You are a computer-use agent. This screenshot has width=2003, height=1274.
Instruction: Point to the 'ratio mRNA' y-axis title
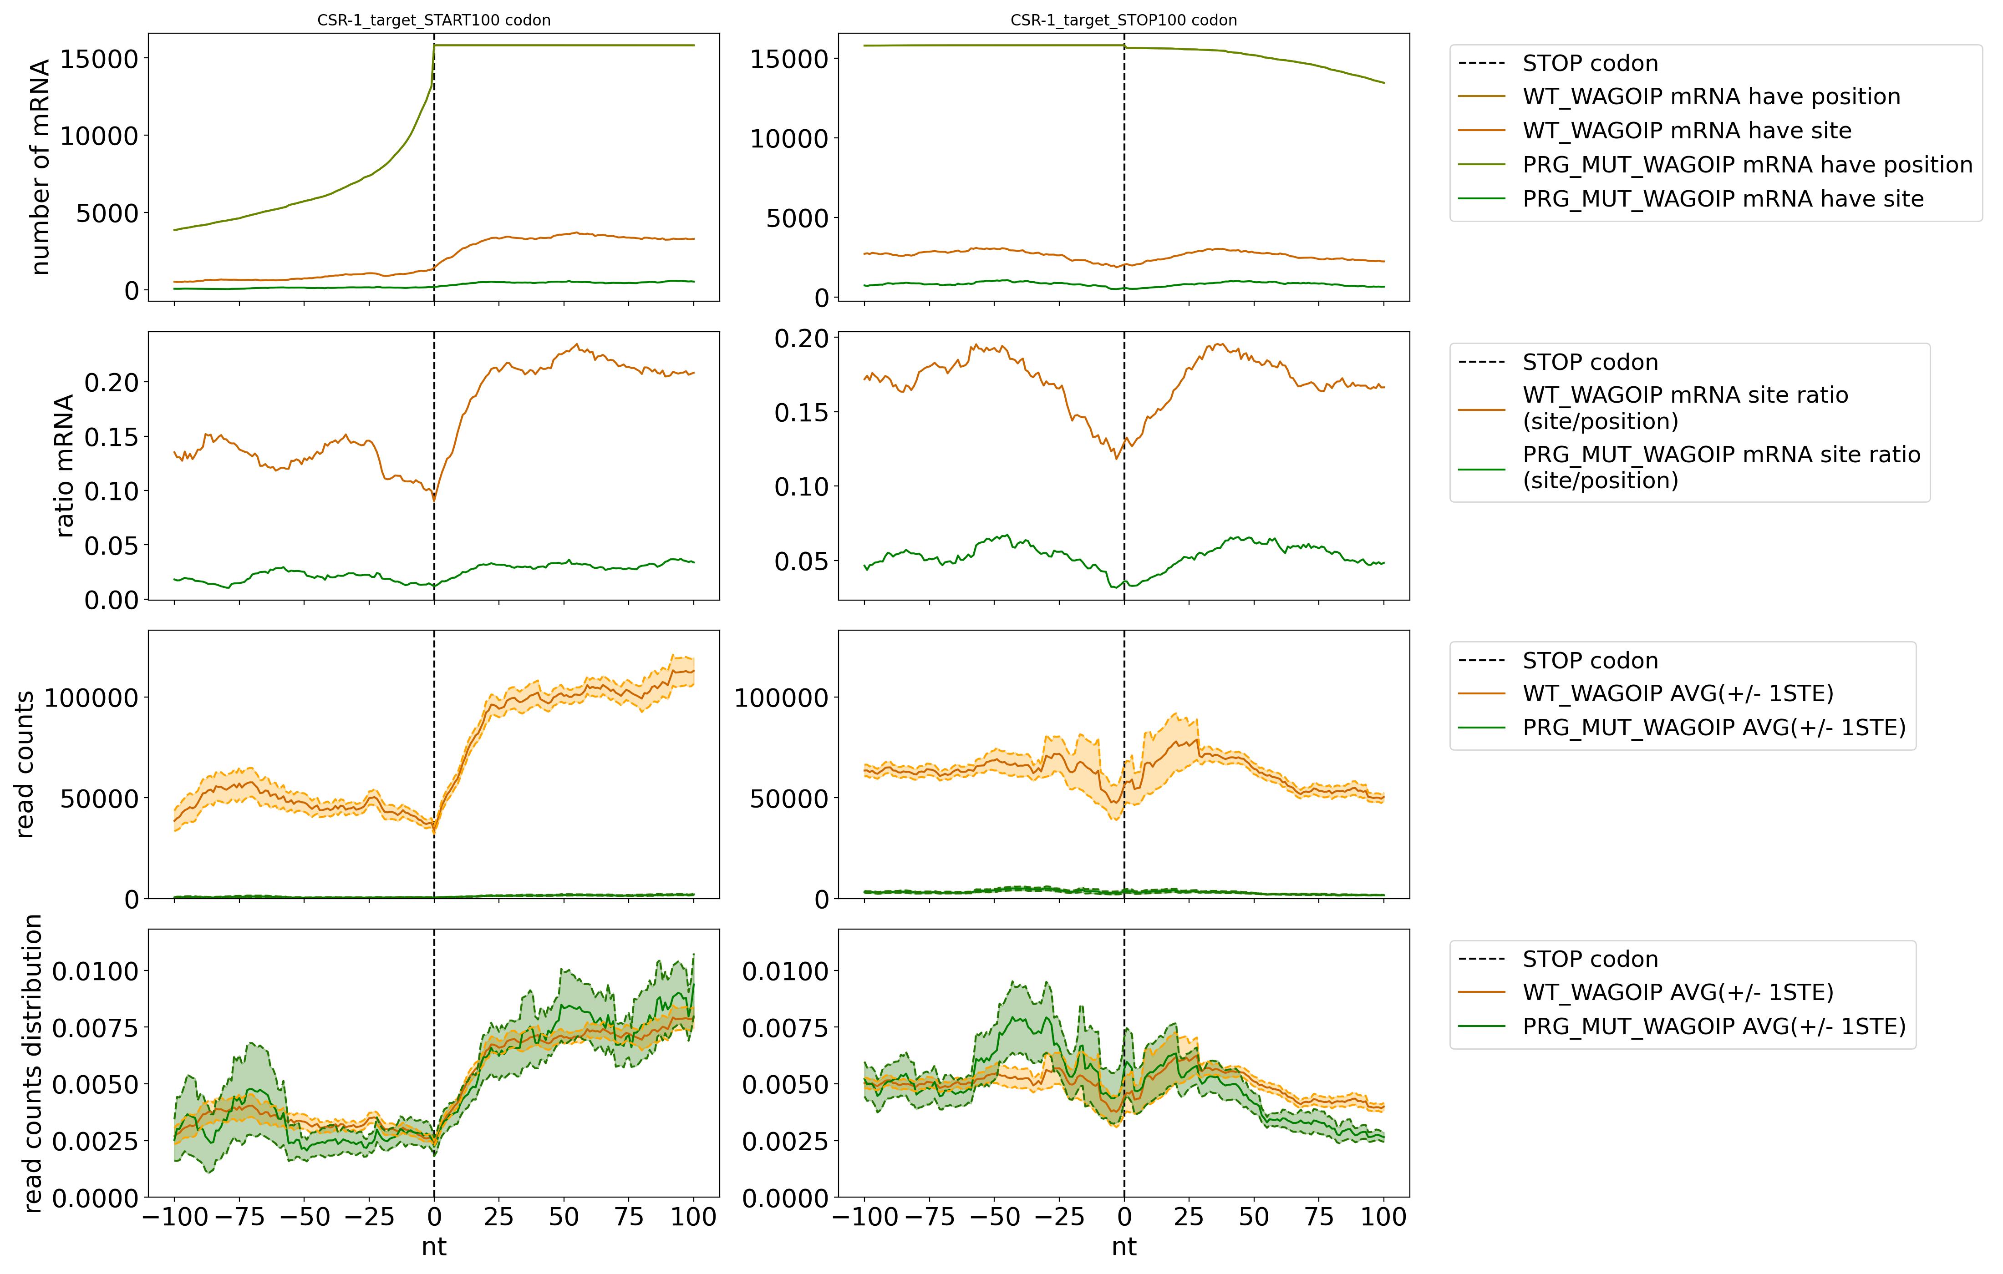click(x=64, y=465)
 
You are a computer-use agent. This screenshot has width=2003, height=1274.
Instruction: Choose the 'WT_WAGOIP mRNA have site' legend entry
click(x=1686, y=131)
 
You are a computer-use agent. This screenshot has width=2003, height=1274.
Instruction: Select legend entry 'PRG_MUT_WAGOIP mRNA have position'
click(x=1747, y=165)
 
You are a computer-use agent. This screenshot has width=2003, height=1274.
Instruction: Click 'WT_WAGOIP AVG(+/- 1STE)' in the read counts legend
click(x=1677, y=693)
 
